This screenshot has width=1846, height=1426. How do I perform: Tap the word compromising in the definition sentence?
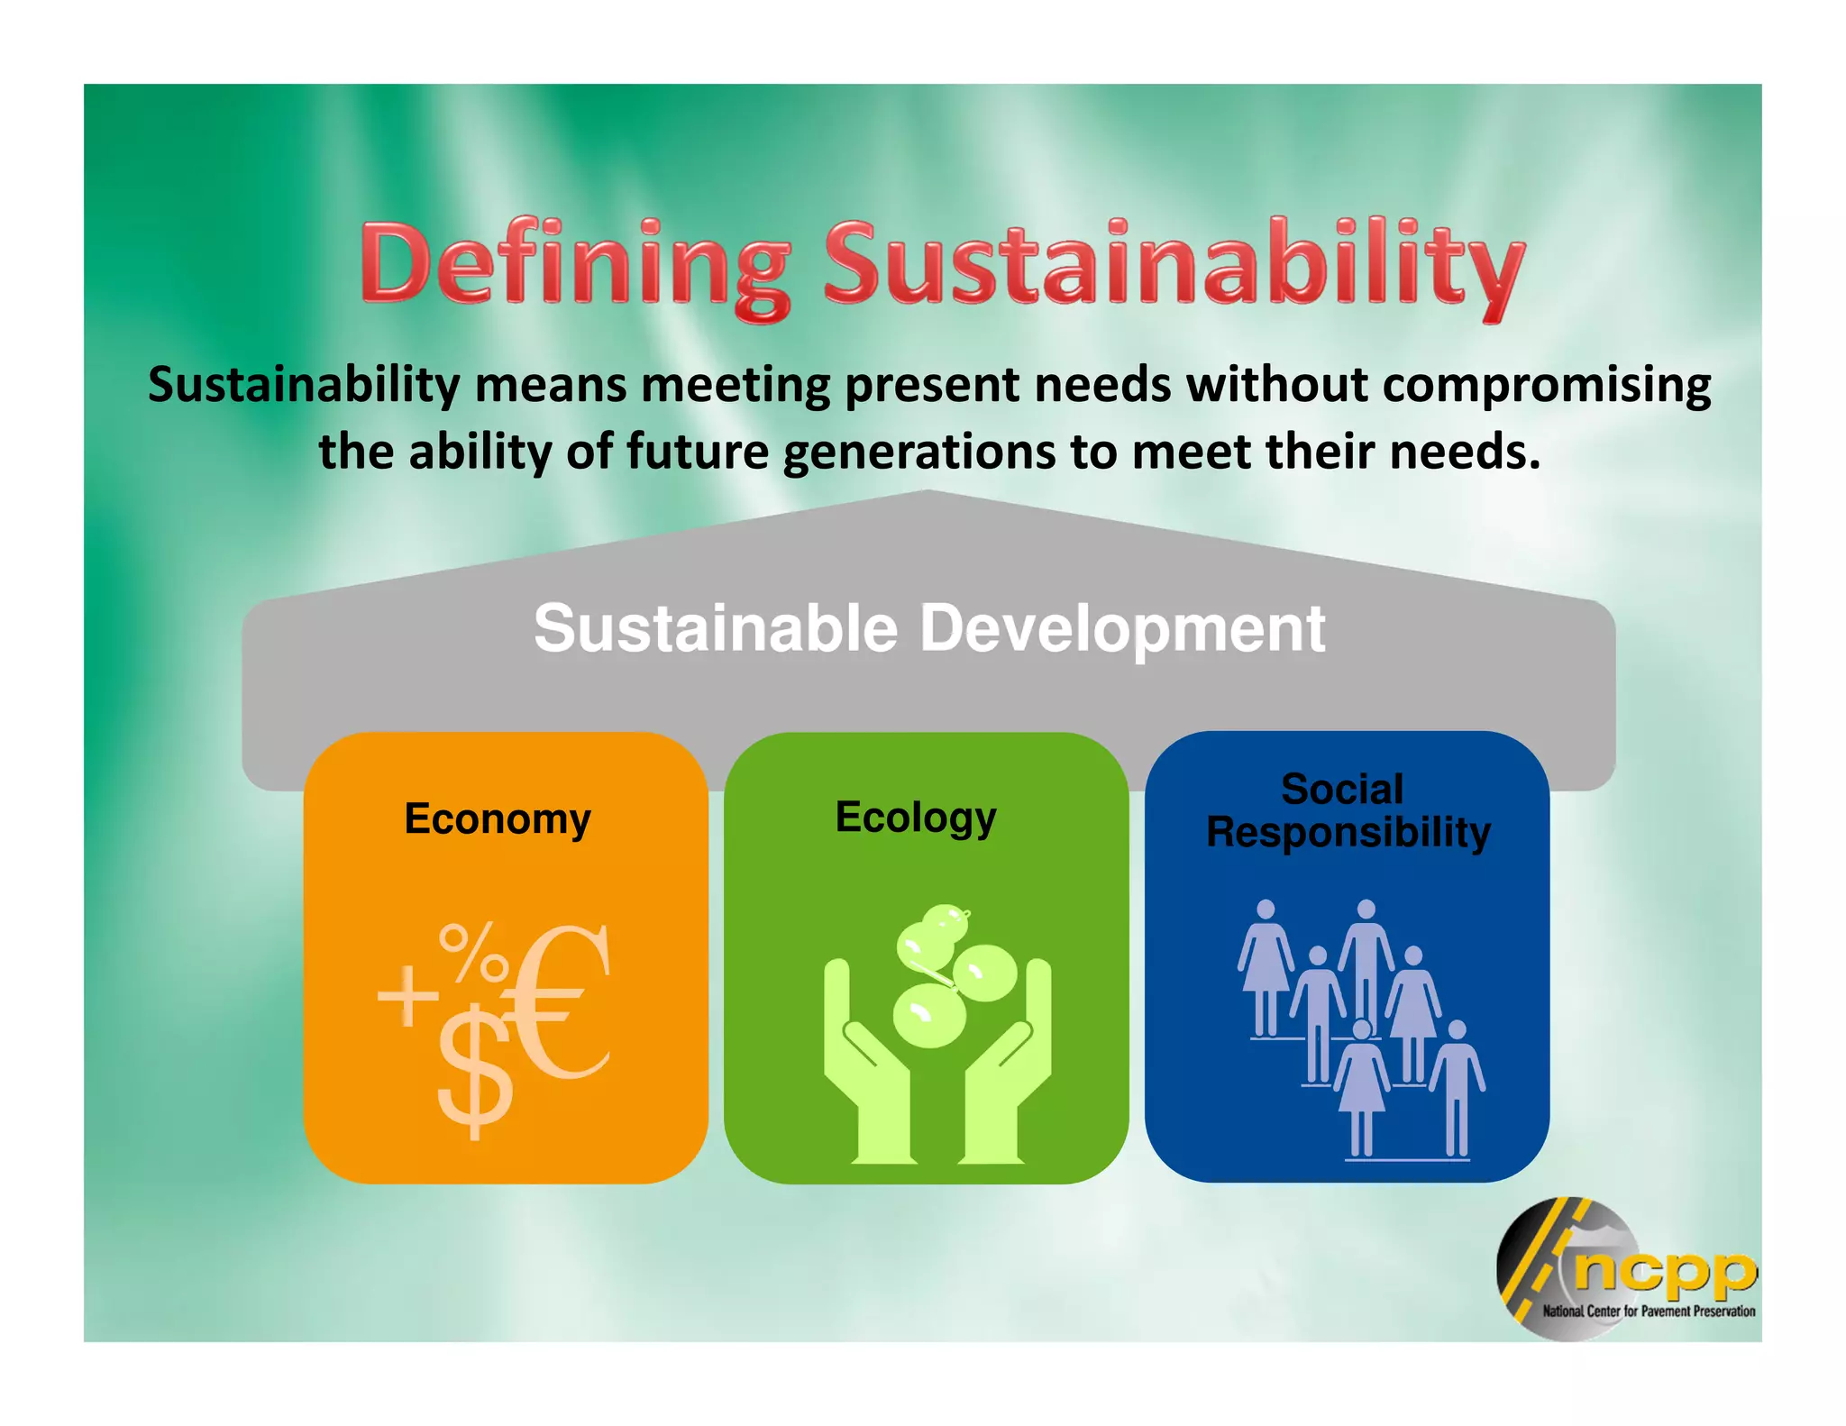point(1546,385)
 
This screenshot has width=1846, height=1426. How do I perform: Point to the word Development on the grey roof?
point(1122,628)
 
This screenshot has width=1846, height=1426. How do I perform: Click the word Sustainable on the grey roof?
point(716,628)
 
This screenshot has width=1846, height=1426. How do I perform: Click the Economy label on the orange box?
point(498,819)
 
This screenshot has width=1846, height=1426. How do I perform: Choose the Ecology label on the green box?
point(916,818)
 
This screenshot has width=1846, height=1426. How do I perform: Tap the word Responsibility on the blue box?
point(1348,832)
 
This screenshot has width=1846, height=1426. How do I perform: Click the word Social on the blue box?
point(1342,790)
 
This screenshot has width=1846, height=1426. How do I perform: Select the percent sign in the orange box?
point(471,953)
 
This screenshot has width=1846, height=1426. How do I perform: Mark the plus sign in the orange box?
point(408,996)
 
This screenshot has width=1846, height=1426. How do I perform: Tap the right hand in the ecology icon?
point(1005,1073)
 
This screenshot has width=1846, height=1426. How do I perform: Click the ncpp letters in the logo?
point(1664,1270)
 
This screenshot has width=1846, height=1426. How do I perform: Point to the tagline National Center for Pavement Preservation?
point(1649,1312)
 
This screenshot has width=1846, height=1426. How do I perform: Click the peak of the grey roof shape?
point(928,495)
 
